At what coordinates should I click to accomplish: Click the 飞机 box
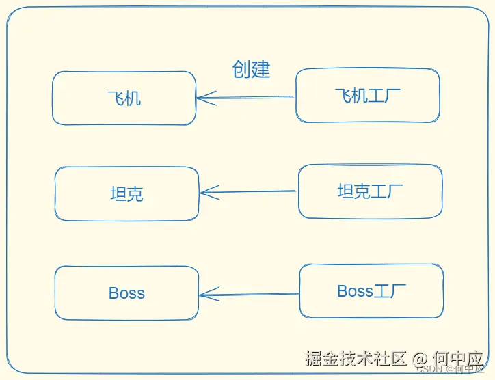pyautogui.click(x=124, y=98)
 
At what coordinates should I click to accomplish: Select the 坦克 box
pyautogui.click(x=126, y=194)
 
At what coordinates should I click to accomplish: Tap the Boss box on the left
pyautogui.click(x=126, y=293)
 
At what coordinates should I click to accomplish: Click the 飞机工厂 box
pyautogui.click(x=367, y=96)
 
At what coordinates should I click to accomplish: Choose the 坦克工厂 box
pyautogui.click(x=370, y=191)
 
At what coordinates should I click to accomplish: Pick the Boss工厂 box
pyautogui.click(x=371, y=292)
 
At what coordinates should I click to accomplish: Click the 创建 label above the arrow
pyautogui.click(x=251, y=69)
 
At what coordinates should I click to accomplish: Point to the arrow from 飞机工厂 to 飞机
pyautogui.click(x=246, y=98)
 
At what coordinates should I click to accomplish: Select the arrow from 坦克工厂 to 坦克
pyautogui.click(x=250, y=192)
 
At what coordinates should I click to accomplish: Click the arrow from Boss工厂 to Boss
pyautogui.click(x=250, y=295)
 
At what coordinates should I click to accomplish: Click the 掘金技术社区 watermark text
pyautogui.click(x=356, y=358)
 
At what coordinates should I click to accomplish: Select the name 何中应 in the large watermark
pyautogui.click(x=459, y=358)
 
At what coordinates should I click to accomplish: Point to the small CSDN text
pyautogui.click(x=429, y=369)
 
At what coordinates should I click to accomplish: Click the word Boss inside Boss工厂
pyautogui.click(x=355, y=292)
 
